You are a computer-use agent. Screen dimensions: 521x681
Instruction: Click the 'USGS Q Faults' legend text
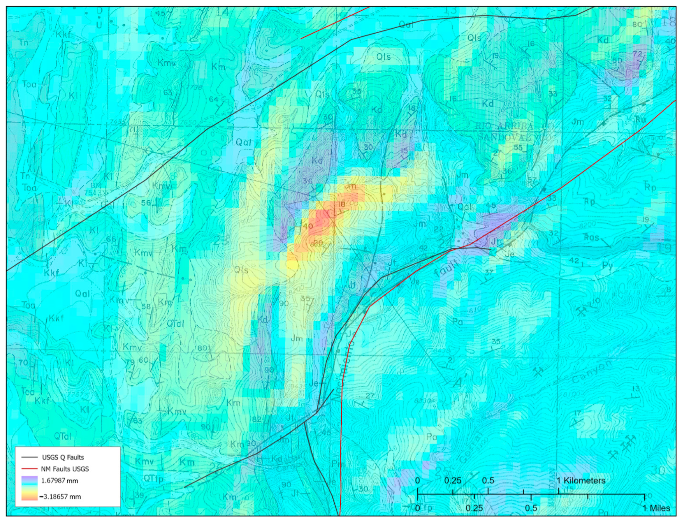click(x=63, y=457)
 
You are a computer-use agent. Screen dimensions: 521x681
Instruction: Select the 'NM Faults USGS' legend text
click(x=65, y=469)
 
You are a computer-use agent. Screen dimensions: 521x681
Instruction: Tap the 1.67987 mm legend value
click(x=59, y=481)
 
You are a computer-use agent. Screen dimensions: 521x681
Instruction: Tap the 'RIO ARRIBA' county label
click(x=504, y=126)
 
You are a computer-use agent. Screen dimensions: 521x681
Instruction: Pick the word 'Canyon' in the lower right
click(x=592, y=371)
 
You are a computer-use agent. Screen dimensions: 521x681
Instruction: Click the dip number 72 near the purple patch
click(x=637, y=54)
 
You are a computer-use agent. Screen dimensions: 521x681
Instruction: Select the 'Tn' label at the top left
click(x=23, y=42)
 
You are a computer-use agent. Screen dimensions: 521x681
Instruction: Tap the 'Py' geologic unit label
click(x=607, y=265)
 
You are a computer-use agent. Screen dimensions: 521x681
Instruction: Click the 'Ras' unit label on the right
click(x=591, y=237)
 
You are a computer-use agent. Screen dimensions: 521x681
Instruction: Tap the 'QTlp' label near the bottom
click(x=153, y=479)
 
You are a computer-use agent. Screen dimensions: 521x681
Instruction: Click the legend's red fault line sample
click(x=29, y=469)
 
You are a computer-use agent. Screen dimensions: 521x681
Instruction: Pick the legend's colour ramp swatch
click(x=29, y=488)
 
